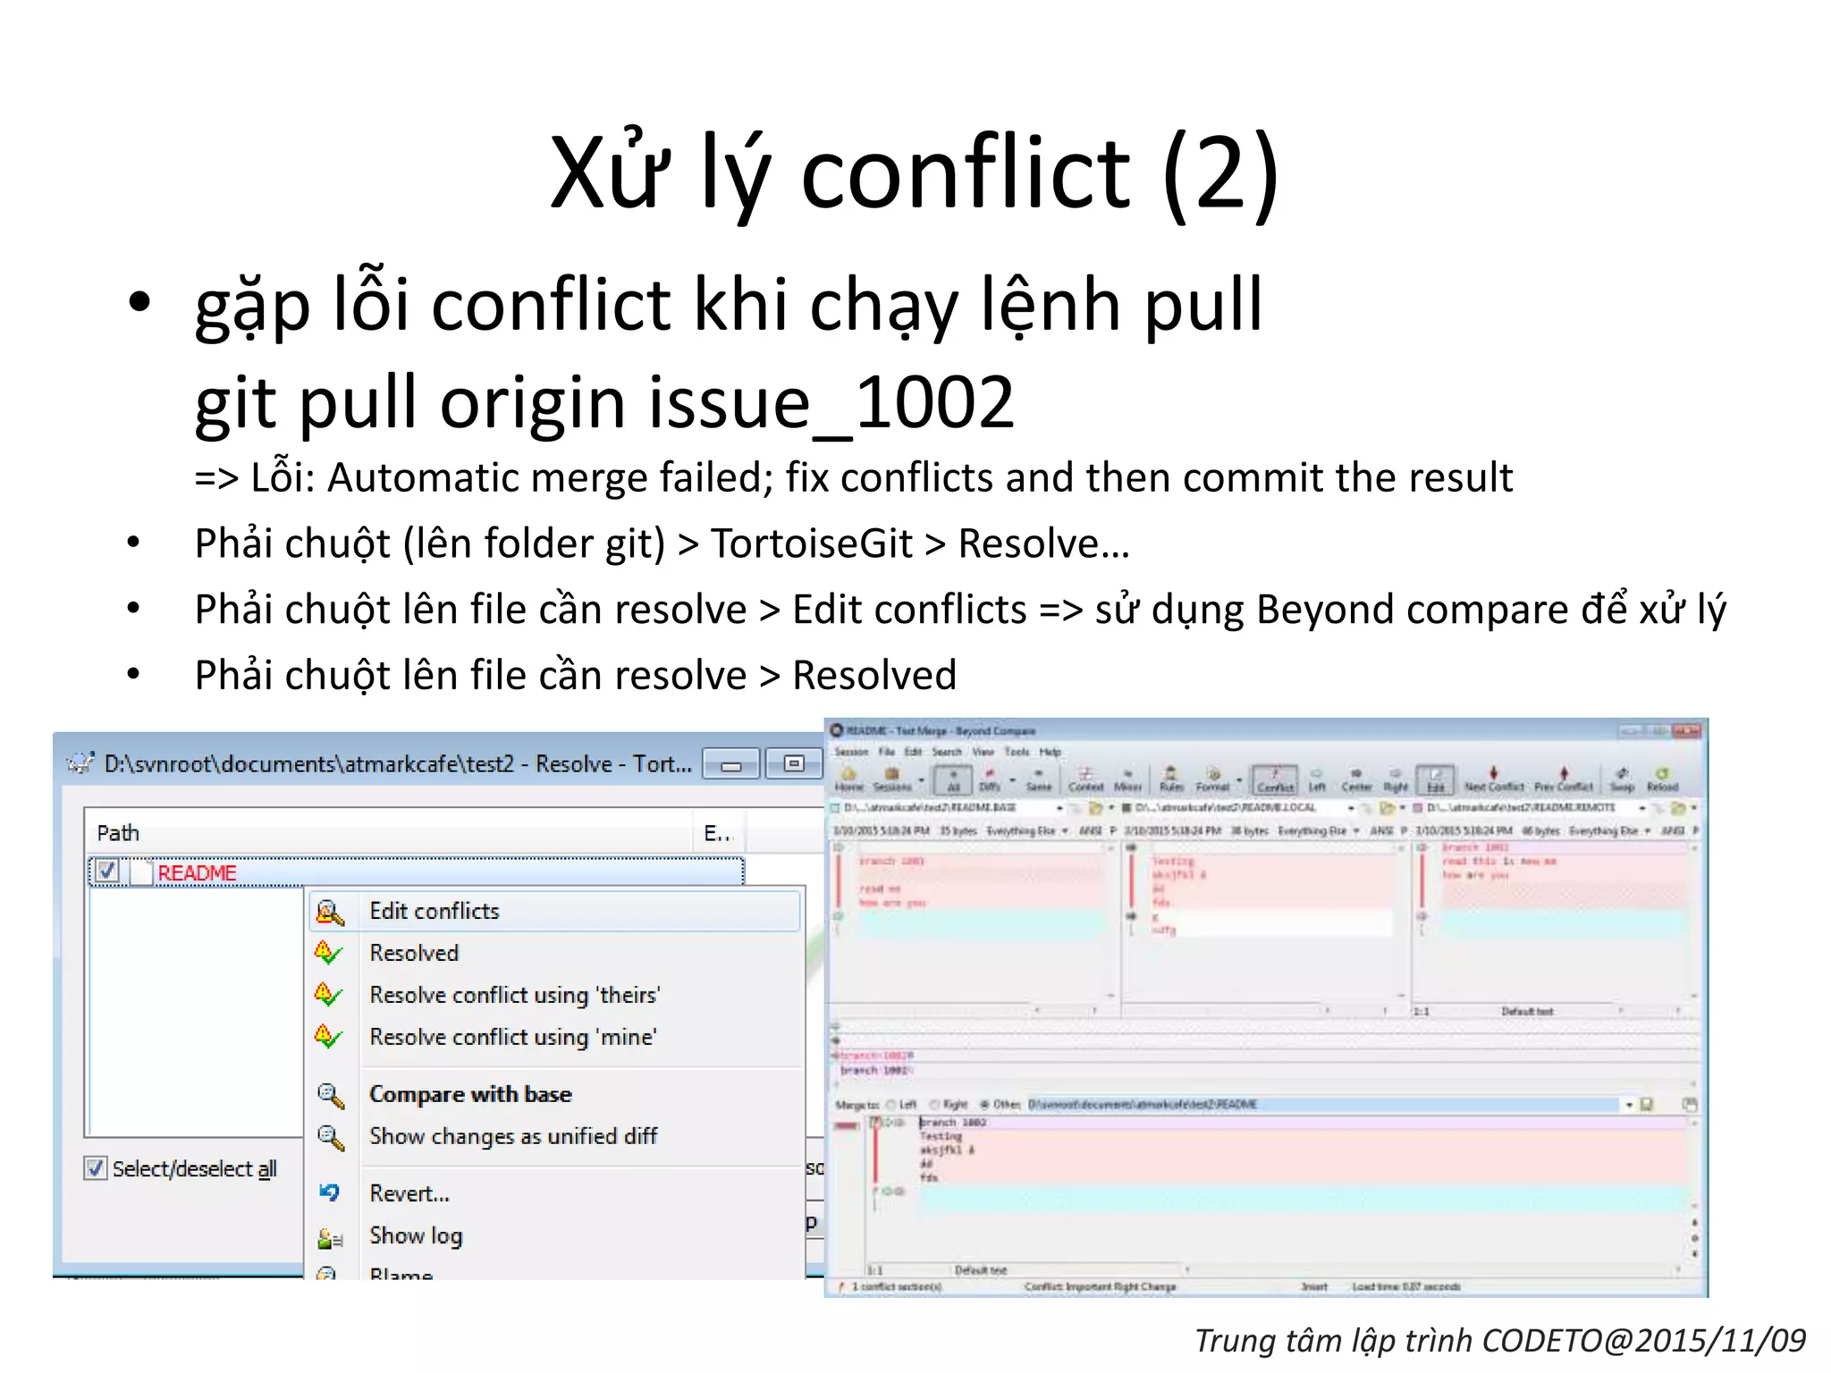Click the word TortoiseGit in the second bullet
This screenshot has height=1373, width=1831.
click(x=811, y=543)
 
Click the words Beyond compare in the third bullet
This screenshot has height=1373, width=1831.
click(x=1413, y=610)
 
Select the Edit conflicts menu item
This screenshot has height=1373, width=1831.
click(x=435, y=911)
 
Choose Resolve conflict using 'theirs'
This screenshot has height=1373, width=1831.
click(x=514, y=995)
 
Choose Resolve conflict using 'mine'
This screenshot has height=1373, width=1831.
click(x=512, y=1037)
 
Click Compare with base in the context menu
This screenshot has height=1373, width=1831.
click(x=470, y=1094)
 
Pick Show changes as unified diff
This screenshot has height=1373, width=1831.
click(x=513, y=1136)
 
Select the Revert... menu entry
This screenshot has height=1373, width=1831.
click(x=409, y=1193)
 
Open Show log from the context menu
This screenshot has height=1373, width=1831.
click(x=416, y=1235)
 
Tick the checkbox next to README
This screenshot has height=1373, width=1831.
click(x=107, y=871)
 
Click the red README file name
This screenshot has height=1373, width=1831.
click(x=197, y=872)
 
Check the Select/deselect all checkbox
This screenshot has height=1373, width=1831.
click(x=95, y=1168)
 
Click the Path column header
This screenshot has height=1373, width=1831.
click(x=118, y=833)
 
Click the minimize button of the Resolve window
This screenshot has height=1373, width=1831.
click(x=731, y=764)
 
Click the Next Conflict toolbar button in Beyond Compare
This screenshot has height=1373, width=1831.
click(x=1493, y=779)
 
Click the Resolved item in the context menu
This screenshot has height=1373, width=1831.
click(x=414, y=953)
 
